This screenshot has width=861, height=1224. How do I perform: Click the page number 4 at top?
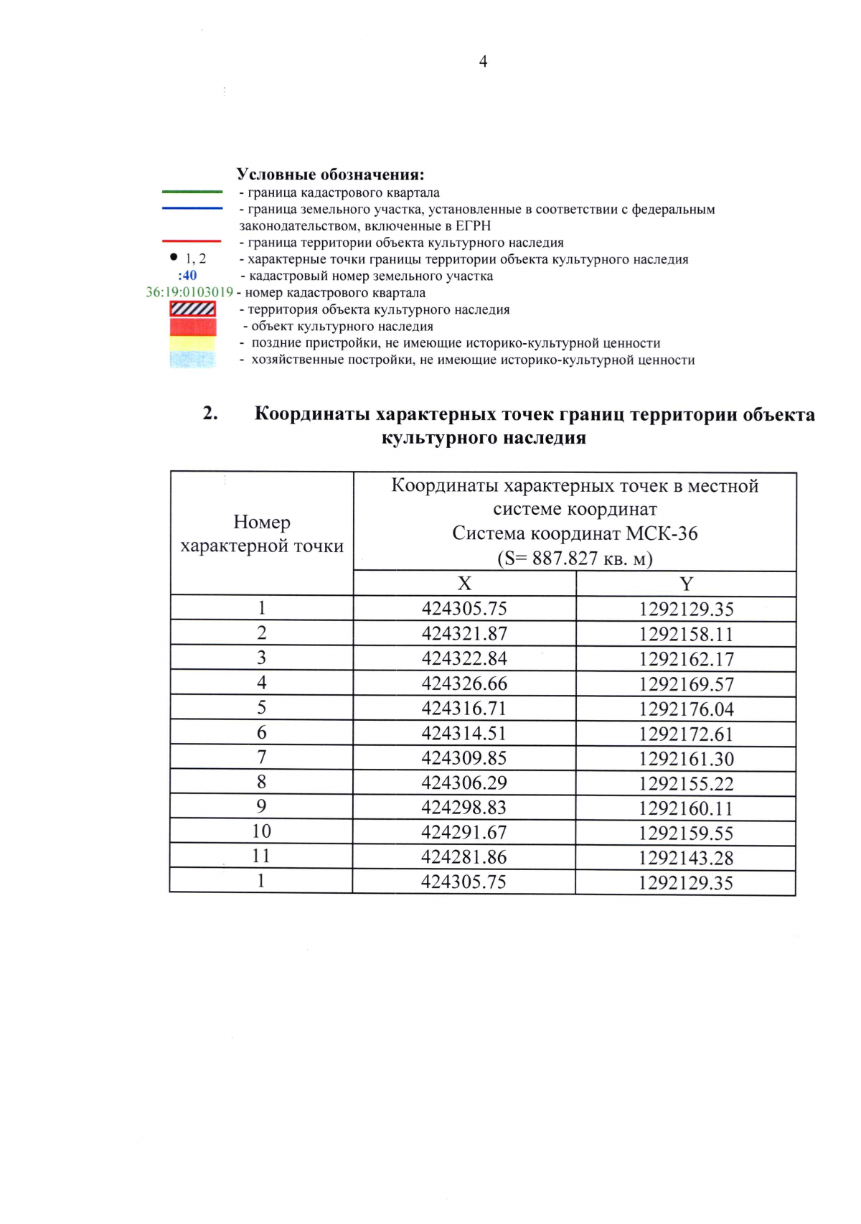tap(483, 62)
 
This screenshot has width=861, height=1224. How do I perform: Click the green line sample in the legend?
tap(192, 192)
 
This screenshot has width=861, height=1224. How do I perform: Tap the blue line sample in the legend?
tap(192, 208)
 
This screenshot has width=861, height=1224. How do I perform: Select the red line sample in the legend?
tap(192, 241)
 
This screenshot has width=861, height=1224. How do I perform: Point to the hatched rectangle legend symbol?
tap(192, 309)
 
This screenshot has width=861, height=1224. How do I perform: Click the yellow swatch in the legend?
tap(192, 343)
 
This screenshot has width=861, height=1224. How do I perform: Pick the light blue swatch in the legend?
tap(192, 359)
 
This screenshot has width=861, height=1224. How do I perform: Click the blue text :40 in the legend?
tap(187, 276)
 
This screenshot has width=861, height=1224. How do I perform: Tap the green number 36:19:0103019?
tap(189, 292)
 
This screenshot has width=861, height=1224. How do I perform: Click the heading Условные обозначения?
tap(330, 174)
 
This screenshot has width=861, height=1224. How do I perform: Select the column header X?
tap(464, 584)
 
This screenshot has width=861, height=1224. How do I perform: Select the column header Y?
tap(686, 584)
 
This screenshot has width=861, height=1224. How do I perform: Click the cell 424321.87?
tap(464, 634)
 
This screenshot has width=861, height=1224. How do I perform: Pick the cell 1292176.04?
tap(686, 709)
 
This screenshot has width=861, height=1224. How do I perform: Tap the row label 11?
tap(261, 856)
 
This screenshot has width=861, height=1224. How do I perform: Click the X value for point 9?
tap(464, 808)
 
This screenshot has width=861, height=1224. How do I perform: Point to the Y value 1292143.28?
tap(686, 858)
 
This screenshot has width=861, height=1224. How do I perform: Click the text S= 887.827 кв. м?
tap(575, 559)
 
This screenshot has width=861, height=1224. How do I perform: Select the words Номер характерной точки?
tap(262, 534)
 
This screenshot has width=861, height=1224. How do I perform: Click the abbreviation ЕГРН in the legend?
tap(474, 225)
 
